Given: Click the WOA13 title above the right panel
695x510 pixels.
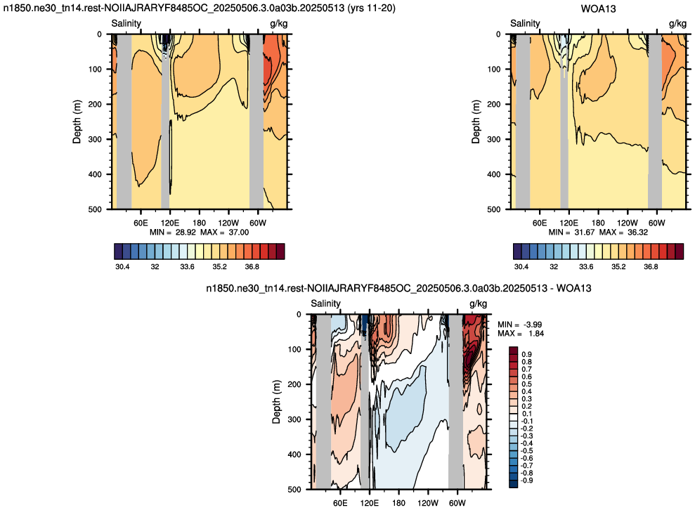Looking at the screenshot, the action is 598,9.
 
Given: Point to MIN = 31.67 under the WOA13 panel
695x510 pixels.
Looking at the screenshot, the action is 571,233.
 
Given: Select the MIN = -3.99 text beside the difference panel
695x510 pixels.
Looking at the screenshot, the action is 519,325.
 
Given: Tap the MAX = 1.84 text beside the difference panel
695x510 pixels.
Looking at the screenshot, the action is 521,333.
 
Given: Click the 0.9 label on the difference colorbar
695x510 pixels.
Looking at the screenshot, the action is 526,355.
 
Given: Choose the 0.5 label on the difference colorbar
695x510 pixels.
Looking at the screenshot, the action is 526,384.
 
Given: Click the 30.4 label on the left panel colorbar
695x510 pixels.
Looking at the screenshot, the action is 122,267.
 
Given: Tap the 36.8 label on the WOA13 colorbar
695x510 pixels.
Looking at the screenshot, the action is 651,267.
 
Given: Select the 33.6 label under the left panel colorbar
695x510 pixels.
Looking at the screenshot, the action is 187,267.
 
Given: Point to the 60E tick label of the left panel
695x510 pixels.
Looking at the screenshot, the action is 141,223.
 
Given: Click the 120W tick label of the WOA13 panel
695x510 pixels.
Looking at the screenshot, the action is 627,223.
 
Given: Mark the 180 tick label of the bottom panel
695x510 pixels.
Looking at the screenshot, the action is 399,503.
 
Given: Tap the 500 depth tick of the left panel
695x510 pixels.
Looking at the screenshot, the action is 95,209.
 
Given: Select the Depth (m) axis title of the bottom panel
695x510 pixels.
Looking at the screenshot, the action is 277,401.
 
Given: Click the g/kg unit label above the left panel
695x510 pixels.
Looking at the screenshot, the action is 279,23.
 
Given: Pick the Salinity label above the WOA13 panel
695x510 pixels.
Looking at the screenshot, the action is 525,23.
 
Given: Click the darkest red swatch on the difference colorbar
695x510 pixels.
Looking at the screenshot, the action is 513,351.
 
